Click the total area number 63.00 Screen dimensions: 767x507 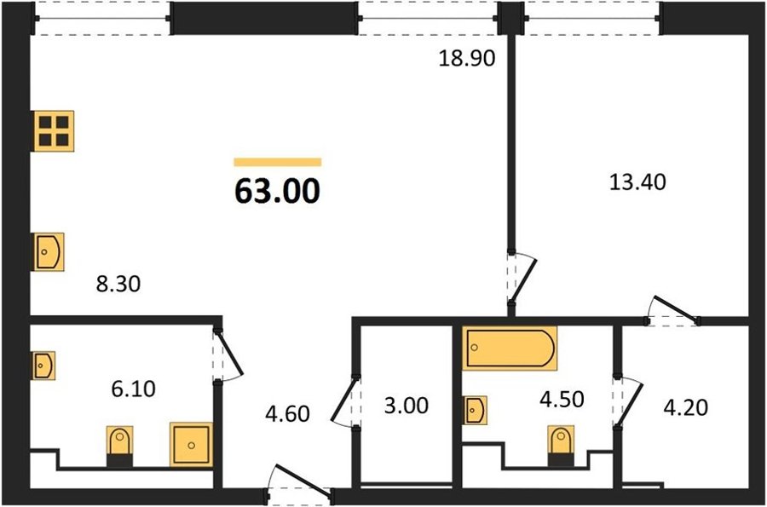[277, 191]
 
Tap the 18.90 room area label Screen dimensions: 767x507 [467, 58]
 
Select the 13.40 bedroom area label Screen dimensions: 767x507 [637, 182]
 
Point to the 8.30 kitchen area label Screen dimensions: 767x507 [118, 284]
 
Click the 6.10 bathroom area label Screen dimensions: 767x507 [134, 389]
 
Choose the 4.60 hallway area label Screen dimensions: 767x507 [287, 414]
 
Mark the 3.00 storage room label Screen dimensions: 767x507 [406, 406]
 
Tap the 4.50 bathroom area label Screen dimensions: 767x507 [562, 400]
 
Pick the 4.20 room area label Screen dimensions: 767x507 [685, 408]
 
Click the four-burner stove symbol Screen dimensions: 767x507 [54, 131]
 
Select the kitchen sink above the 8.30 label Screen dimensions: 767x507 [49, 251]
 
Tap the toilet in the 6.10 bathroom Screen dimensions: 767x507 [120, 446]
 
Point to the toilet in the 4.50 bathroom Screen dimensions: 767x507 [561, 446]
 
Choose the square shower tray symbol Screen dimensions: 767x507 [191, 445]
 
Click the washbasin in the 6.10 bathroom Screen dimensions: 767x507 [43, 366]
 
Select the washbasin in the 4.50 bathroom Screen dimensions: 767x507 [475, 410]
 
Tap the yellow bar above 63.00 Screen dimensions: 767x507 [277, 162]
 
